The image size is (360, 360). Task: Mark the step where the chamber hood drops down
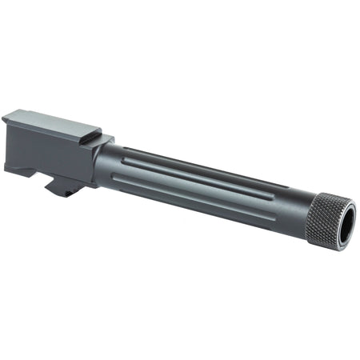pyautogui.click(x=100, y=136)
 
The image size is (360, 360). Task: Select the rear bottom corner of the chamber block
pyautogui.click(x=9, y=167)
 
